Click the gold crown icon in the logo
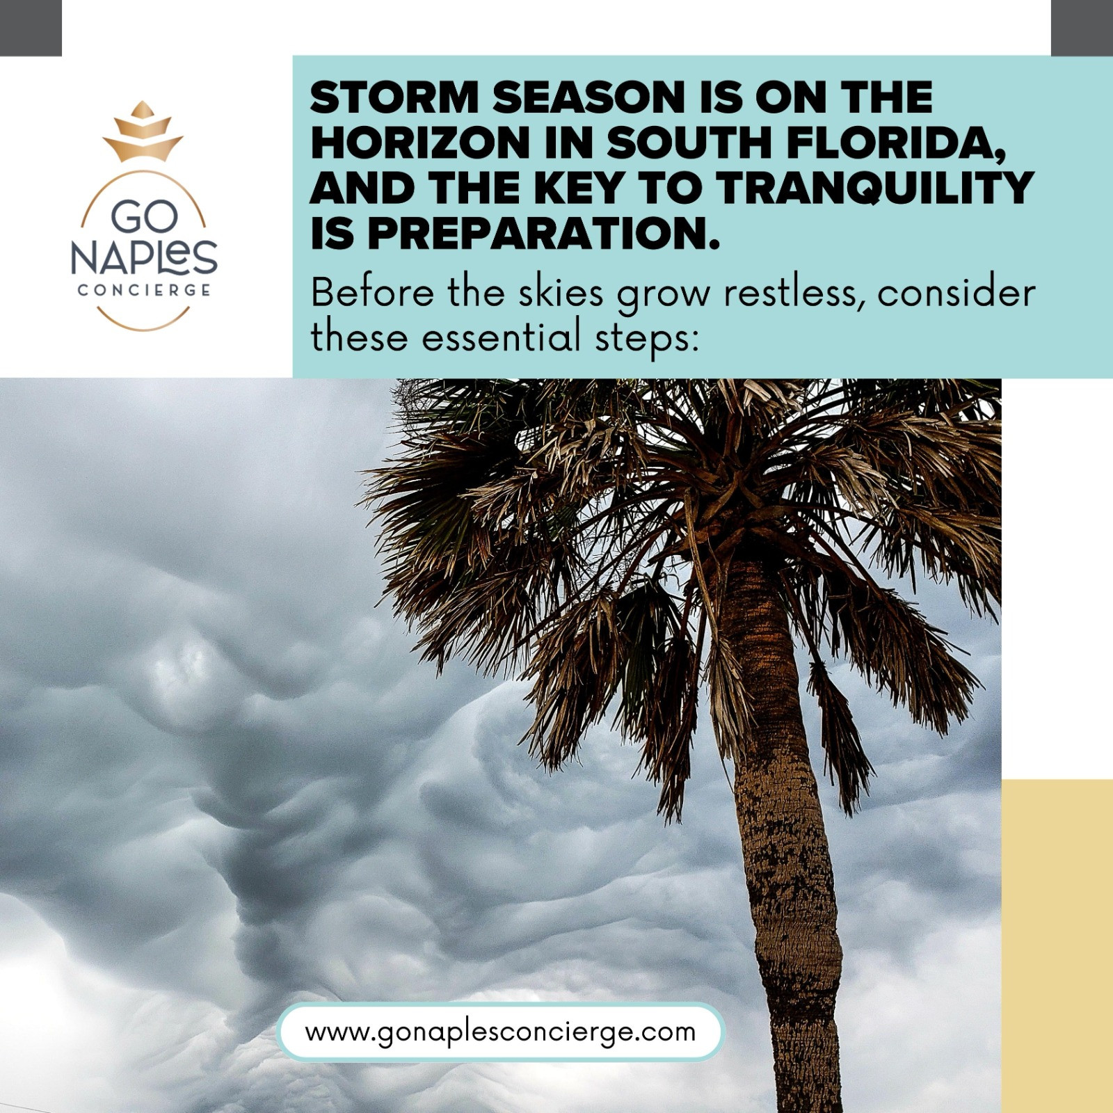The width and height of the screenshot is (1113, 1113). tap(143, 131)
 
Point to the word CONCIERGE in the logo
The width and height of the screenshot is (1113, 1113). tap(144, 290)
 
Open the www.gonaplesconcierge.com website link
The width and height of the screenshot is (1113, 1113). tap(500, 1031)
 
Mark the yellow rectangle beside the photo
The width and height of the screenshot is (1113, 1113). tap(1057, 946)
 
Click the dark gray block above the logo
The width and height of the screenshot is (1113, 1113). tap(31, 28)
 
